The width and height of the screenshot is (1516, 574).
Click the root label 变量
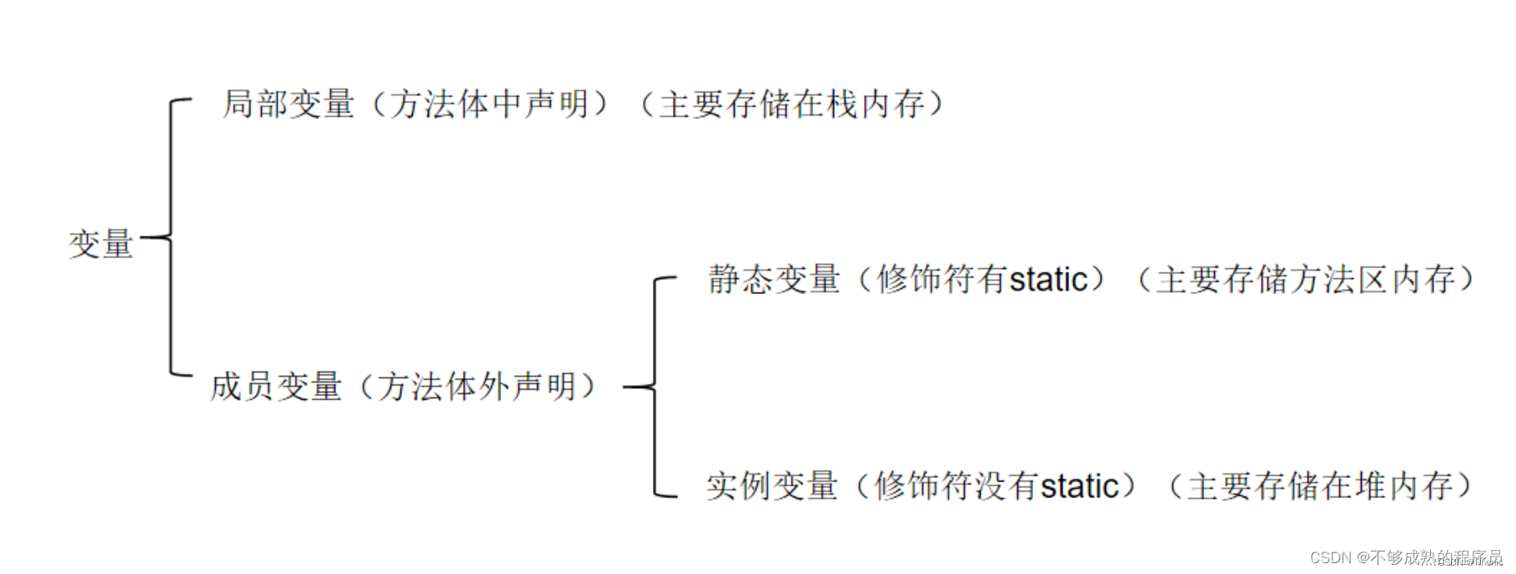[x=101, y=244]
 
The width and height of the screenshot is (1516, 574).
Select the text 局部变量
[x=289, y=104]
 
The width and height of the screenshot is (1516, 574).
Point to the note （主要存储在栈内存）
[x=792, y=104]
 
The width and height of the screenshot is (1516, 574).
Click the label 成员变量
[x=276, y=387]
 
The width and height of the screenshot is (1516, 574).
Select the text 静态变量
[x=774, y=280]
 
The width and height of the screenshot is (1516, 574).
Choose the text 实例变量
[x=772, y=487]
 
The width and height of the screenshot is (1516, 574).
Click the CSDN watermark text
[x=1405, y=557]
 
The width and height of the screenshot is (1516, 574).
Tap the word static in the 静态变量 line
[x=1049, y=280]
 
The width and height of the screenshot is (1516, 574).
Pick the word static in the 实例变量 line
[x=1080, y=487]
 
